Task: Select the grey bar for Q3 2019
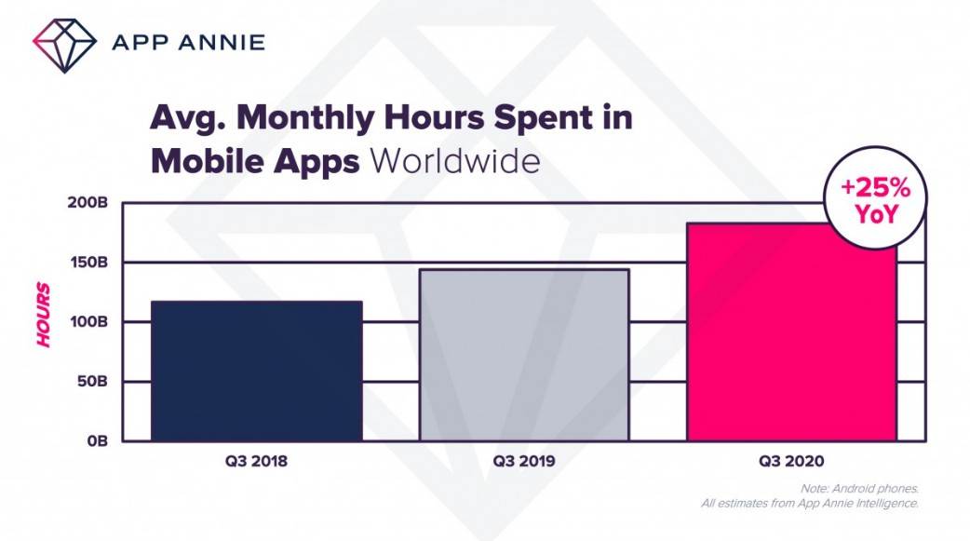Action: click(523, 355)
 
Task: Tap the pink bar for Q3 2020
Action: click(791, 335)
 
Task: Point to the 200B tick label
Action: click(89, 203)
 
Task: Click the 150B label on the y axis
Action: click(90, 263)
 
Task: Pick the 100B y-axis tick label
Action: click(90, 322)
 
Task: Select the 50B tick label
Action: click(94, 382)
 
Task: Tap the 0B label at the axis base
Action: click(98, 440)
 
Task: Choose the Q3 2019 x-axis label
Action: click(523, 461)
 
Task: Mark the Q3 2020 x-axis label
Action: click(791, 461)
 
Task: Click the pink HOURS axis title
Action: click(44, 315)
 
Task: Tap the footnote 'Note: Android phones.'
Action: click(858, 489)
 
